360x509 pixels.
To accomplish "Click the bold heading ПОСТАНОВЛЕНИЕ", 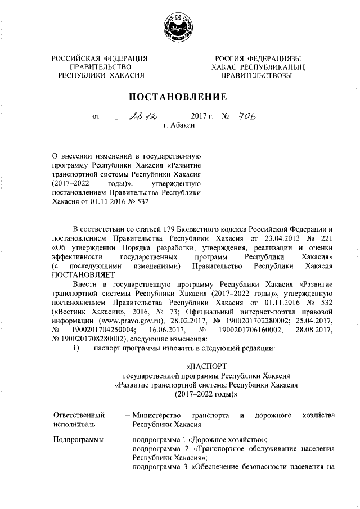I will pos(179,97).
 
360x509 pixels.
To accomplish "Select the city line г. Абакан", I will pos(179,126).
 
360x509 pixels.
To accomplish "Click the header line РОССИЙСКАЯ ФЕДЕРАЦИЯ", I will pos(99,58).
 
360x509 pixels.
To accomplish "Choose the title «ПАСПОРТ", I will pos(205,368).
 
